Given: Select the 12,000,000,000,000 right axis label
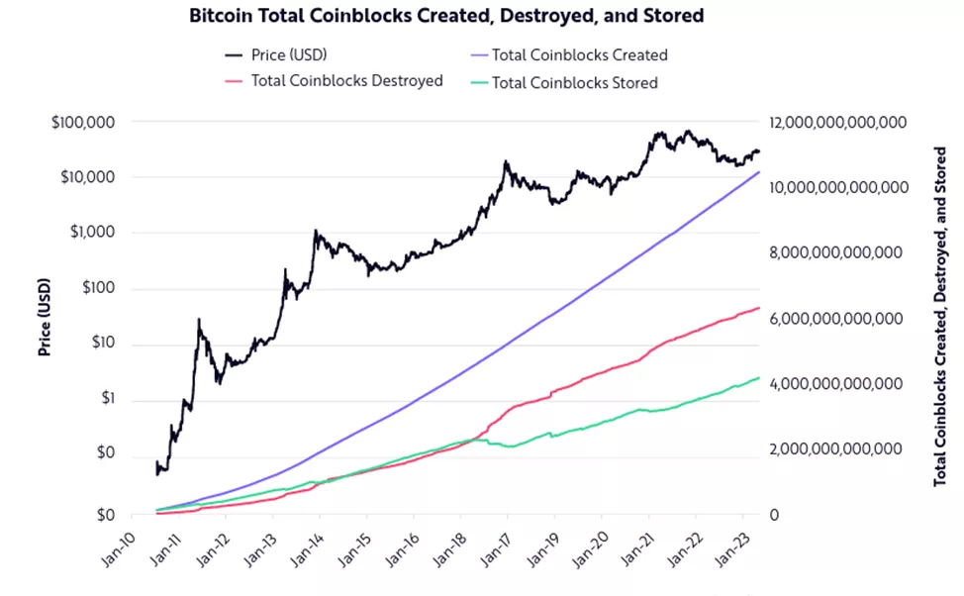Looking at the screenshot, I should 838,123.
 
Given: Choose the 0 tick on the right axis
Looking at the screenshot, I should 773,515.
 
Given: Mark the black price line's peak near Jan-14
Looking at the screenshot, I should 316,232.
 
